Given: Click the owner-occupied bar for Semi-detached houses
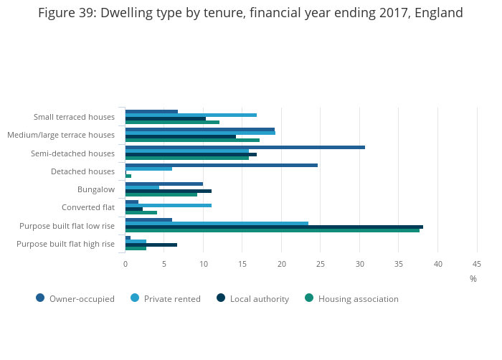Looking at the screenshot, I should pos(245,147).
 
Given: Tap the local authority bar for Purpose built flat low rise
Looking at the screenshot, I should pos(274,227).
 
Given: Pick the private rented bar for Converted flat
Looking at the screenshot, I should pos(168,205).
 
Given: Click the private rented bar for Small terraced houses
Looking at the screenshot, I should pos(191,115).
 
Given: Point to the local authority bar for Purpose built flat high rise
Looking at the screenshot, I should pos(151,245).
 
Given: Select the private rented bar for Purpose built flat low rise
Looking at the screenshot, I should pos(217,223).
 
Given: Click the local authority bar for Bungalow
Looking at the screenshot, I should pos(168,191).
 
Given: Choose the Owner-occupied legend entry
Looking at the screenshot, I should pos(75,298).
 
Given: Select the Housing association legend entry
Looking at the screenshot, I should pos(351,298).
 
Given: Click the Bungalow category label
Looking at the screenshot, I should pos(96,189).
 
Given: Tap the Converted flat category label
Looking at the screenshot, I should pos(88,208).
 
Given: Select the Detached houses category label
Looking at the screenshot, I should pos(82,171).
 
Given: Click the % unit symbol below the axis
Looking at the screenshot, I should pos(473,279).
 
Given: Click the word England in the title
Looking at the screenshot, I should pos(435,13).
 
